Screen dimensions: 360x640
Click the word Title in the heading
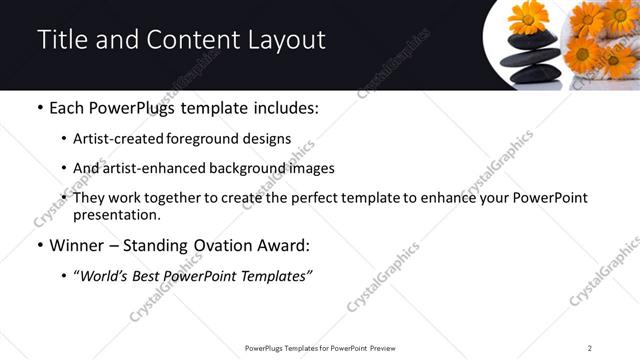tap(62, 41)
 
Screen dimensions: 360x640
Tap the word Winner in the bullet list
tap(78, 245)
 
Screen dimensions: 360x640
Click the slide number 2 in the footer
tap(590, 348)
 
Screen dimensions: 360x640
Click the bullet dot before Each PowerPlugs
tap(39, 108)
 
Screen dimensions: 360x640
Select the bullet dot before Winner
tap(39, 246)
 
